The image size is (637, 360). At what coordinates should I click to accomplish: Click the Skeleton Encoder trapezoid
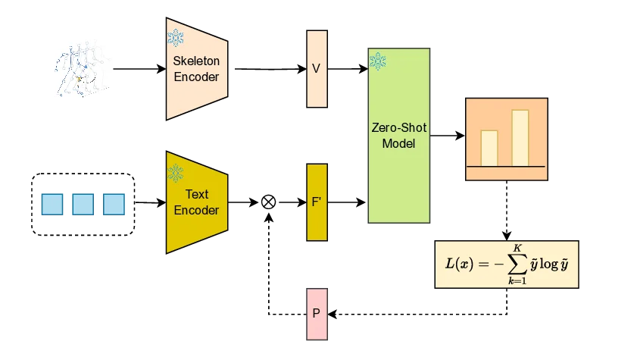(196, 69)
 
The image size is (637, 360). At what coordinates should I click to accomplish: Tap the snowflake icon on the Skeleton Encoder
(176, 36)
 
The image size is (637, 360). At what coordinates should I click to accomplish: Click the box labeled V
(316, 69)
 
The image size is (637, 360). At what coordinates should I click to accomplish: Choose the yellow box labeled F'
(316, 202)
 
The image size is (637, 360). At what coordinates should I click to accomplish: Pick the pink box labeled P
(316, 313)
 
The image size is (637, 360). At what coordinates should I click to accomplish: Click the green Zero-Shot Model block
(398, 136)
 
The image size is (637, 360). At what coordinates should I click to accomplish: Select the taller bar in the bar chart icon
(520, 138)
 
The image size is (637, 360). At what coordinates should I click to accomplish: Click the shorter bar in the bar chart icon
(490, 148)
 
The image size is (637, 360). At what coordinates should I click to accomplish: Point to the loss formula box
(506, 264)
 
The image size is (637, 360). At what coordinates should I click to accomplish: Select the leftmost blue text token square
(52, 205)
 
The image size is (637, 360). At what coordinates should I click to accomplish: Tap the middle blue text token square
(83, 205)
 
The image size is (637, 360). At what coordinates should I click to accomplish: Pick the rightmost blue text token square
(114, 205)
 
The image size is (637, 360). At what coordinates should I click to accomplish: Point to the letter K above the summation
(517, 248)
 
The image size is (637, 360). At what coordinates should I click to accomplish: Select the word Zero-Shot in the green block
(398, 130)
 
